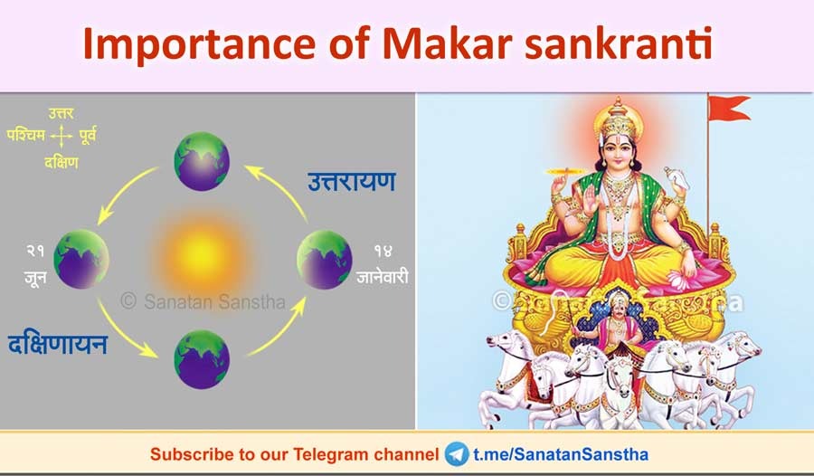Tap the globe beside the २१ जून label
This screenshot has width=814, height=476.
[x=82, y=260]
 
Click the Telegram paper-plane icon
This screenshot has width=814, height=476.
[x=457, y=453]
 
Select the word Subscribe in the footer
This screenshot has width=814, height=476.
[x=186, y=453]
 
